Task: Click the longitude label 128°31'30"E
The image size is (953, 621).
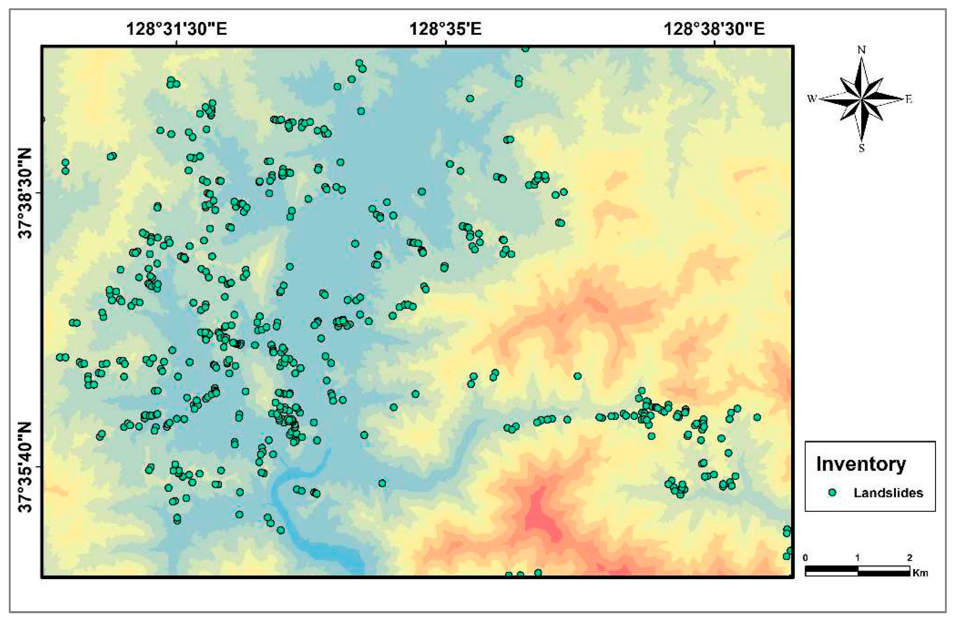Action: coord(176,29)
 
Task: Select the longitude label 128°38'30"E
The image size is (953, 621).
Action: coord(714,29)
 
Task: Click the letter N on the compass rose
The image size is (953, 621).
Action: coord(861,50)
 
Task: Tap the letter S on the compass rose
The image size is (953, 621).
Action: coord(861,148)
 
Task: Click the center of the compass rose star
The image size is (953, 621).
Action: coord(861,99)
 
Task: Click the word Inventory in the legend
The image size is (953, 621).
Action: coord(861,464)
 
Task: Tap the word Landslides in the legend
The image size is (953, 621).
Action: coord(888,493)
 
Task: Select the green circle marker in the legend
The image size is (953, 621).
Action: coord(832,493)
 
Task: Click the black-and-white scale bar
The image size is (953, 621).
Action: coord(857,571)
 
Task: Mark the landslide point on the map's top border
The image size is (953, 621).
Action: coord(525,49)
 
